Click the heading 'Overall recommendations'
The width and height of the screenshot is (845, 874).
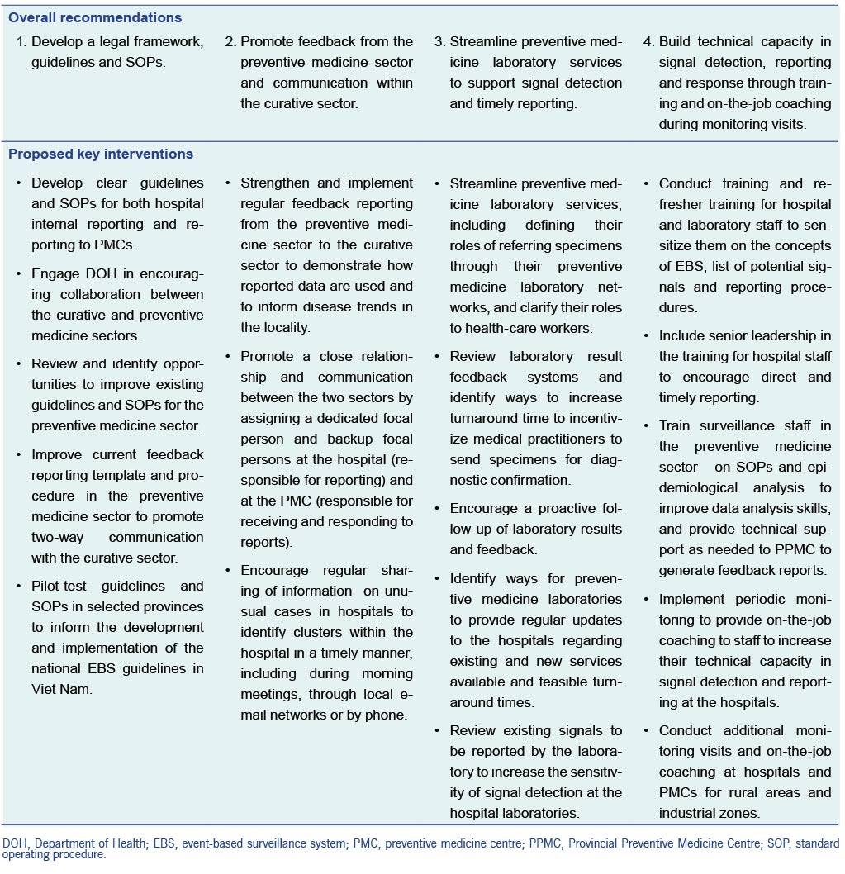(96, 17)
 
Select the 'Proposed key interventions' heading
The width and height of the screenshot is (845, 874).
(101, 154)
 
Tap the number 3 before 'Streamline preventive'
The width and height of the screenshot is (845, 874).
(439, 41)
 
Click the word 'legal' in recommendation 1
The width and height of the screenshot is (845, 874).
(116, 41)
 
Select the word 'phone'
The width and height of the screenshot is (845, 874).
(386, 715)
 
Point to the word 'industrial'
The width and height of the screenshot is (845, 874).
(690, 813)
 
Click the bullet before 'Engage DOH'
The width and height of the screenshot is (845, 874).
(18, 274)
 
